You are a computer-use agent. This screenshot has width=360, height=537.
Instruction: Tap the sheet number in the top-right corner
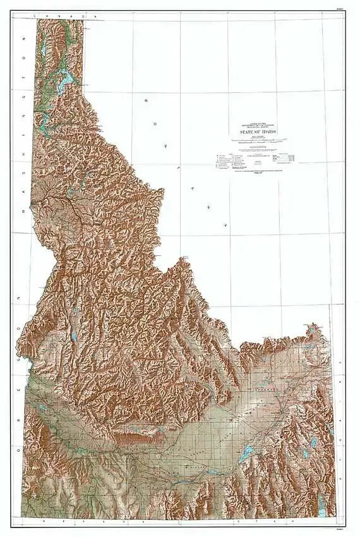click(340, 8)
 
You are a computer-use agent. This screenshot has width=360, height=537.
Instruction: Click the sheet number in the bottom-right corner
click(340, 529)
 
